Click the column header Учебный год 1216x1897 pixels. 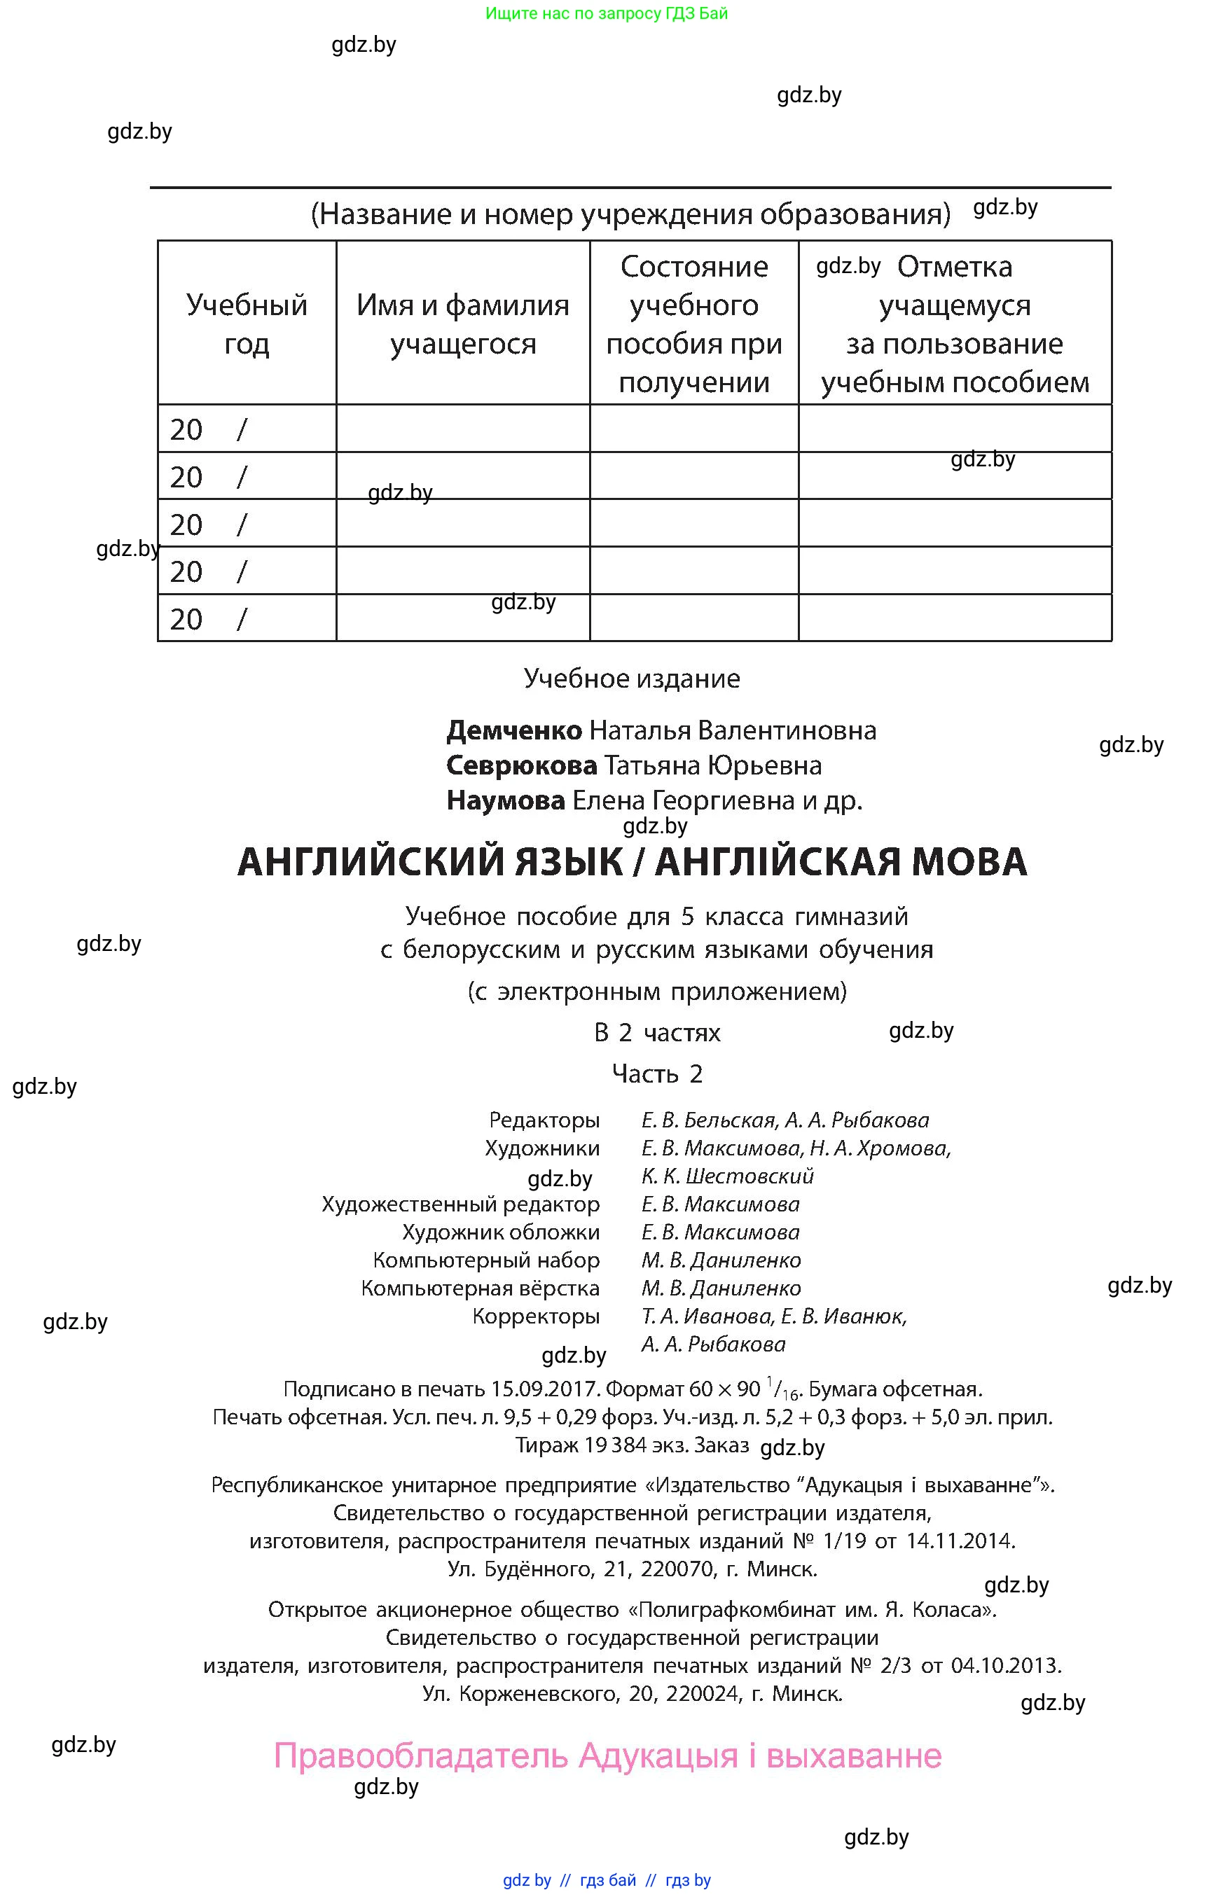coord(247,324)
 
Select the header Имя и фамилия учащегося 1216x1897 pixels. coord(463,324)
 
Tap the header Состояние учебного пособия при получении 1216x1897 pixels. coord(693,324)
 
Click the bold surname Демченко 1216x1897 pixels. coord(514,730)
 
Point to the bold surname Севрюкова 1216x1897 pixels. coord(521,765)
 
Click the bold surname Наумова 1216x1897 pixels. coord(505,800)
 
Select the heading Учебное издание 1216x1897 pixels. coord(632,678)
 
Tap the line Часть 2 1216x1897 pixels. coord(657,1073)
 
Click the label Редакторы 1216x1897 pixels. coord(544,1120)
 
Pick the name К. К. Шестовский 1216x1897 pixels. coord(727,1176)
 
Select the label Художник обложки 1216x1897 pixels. coord(501,1232)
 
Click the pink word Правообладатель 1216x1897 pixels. coord(421,1756)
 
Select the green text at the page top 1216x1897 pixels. coord(607,13)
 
